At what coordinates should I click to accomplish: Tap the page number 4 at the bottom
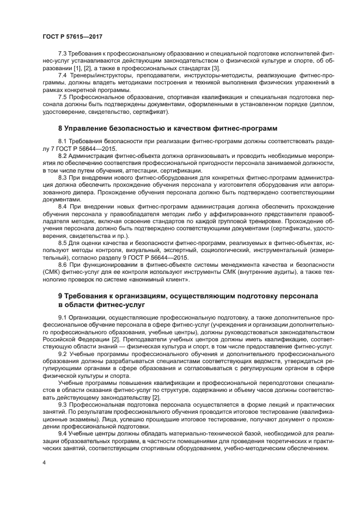(44, 463)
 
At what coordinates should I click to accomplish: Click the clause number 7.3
(63, 54)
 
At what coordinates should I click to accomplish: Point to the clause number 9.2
(63, 353)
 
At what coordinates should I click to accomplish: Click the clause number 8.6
(63, 264)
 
